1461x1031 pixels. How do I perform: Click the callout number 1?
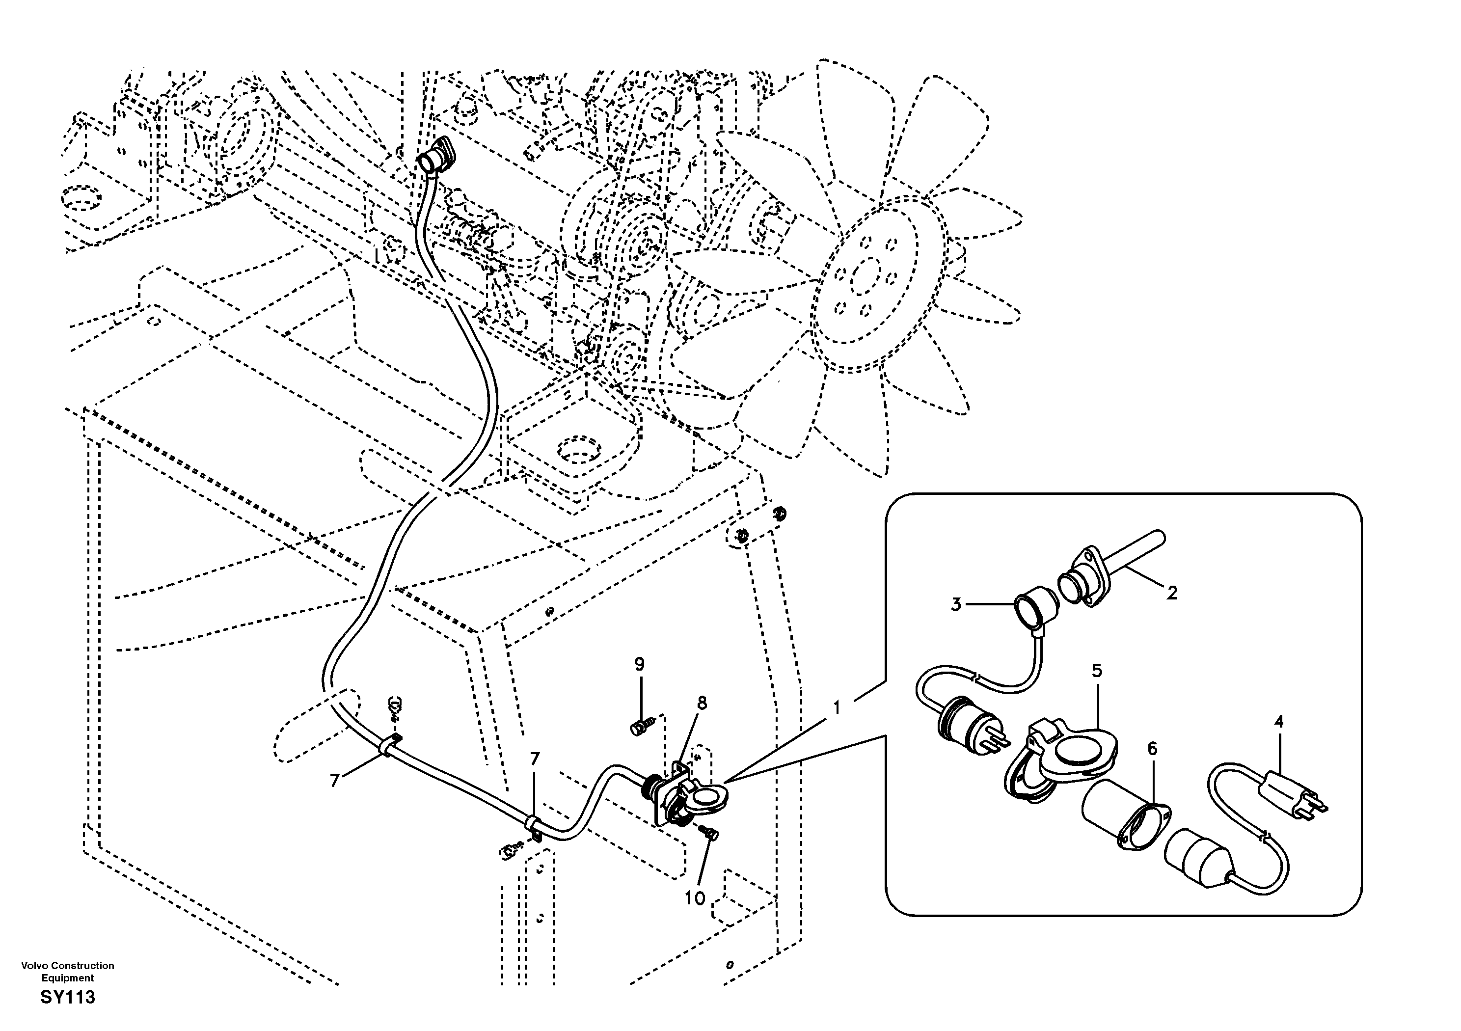[x=837, y=707]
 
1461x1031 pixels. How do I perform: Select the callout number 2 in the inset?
[x=1171, y=593]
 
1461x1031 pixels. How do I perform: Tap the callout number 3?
[x=956, y=604]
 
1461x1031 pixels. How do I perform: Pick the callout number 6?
[x=1152, y=749]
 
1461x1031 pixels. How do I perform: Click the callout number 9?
[x=640, y=664]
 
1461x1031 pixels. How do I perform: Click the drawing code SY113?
[x=67, y=997]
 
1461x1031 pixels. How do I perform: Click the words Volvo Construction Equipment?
[x=67, y=972]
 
